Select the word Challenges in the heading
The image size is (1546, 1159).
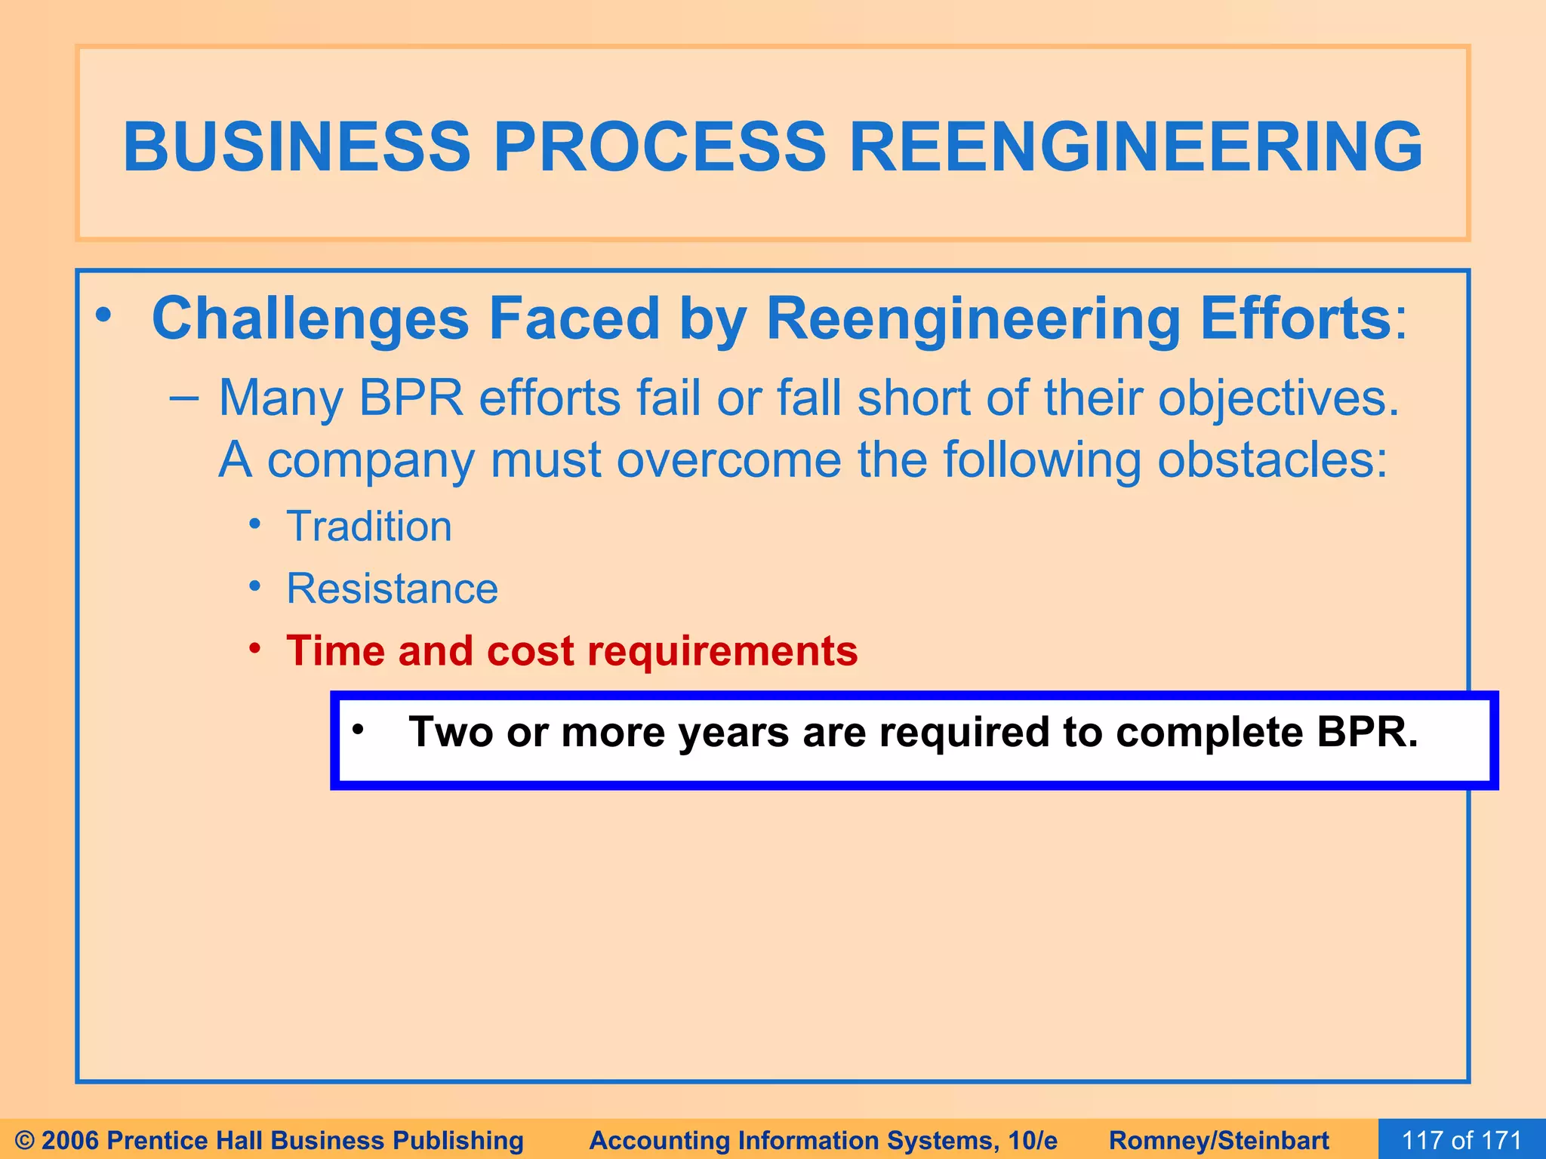[310, 319]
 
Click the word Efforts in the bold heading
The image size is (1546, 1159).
[1295, 319]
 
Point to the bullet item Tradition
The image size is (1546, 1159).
[368, 527]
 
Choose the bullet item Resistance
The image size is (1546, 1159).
[392, 589]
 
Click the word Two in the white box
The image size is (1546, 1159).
[450, 732]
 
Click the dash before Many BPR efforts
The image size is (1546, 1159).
[183, 398]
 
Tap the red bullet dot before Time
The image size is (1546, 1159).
[256, 649]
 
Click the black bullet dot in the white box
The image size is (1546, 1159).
[358, 730]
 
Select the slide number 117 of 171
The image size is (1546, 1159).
[1461, 1139]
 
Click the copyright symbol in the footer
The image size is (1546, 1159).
[24, 1140]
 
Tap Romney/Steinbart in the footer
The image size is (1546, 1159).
[1218, 1140]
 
